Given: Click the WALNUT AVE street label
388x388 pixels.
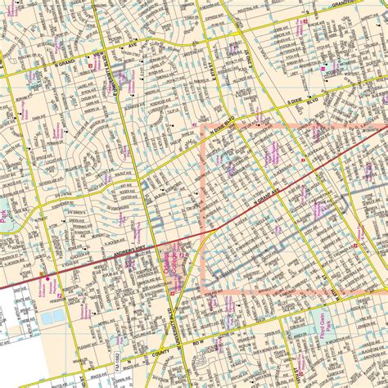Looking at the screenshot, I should point(123,151).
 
